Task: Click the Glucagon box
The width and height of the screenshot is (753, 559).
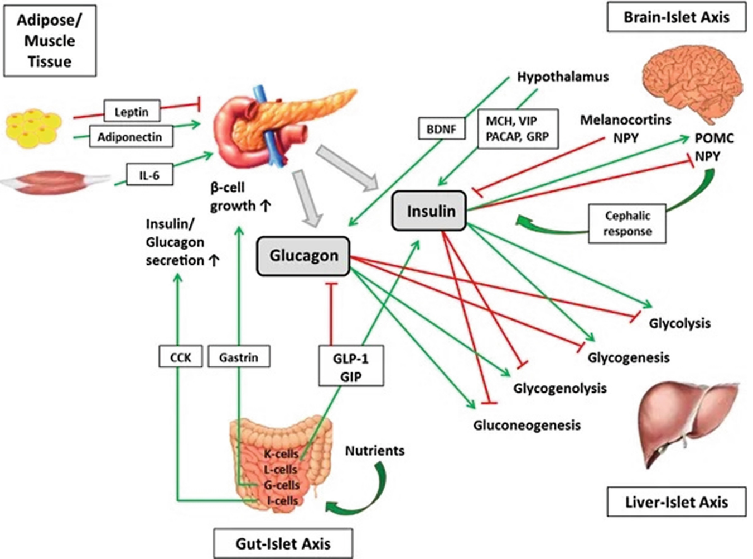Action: pyautogui.click(x=303, y=256)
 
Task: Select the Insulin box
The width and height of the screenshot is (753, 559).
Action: pyautogui.click(x=429, y=211)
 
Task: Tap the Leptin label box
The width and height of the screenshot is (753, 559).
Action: pyautogui.click(x=132, y=112)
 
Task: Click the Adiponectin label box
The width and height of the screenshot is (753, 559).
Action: pyautogui.click(x=130, y=137)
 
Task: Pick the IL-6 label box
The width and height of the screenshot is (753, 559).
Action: pyautogui.click(x=149, y=175)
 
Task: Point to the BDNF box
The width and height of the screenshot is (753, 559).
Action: pyautogui.click(x=441, y=129)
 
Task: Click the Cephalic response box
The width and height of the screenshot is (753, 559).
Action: pyautogui.click(x=627, y=223)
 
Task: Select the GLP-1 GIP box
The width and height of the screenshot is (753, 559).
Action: pyautogui.click(x=351, y=366)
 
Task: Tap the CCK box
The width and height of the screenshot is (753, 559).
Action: pyautogui.click(x=180, y=357)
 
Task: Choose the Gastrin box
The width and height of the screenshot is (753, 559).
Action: pyautogui.click(x=239, y=357)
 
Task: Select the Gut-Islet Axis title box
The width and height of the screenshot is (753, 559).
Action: pyautogui.click(x=283, y=543)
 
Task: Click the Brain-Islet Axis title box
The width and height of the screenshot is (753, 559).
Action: pyautogui.click(x=676, y=17)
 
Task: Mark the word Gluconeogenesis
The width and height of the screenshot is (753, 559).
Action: pyautogui.click(x=527, y=426)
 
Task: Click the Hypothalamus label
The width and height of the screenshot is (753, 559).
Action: pyautogui.click(x=562, y=77)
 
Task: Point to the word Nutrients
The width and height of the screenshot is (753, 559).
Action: pyautogui.click(x=374, y=451)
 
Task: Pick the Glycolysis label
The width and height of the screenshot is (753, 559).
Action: pyautogui.click(x=679, y=323)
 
